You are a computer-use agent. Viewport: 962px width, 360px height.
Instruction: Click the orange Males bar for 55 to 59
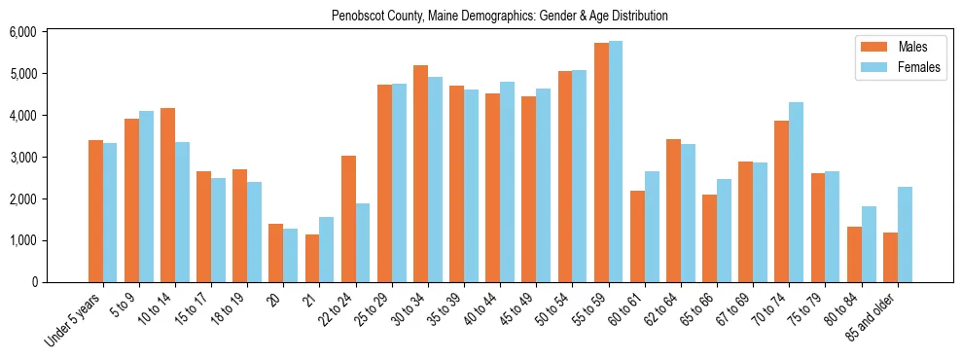tap(601, 162)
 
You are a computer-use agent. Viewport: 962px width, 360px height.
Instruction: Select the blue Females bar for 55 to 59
tap(616, 162)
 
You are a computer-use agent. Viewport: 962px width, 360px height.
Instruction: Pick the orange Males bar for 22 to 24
tap(348, 219)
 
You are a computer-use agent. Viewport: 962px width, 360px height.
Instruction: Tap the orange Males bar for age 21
tap(312, 258)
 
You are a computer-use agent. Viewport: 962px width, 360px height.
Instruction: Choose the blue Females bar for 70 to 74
tap(797, 192)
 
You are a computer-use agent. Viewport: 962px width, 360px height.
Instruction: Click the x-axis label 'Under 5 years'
tap(73, 317)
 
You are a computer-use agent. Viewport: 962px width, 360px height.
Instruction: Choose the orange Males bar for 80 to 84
tap(854, 254)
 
